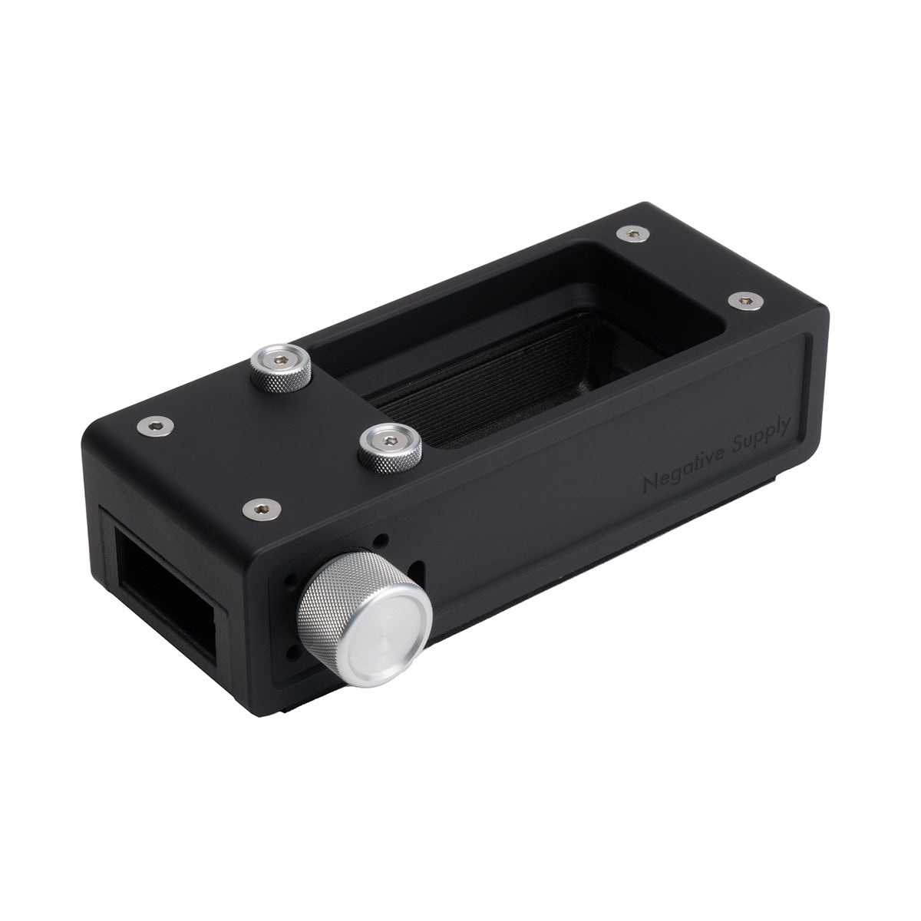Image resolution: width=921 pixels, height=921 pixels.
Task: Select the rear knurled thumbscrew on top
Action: click(x=281, y=365)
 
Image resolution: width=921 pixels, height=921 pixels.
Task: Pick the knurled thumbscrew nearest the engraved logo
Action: click(x=391, y=448)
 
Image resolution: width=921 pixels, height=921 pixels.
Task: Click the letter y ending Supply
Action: click(x=792, y=431)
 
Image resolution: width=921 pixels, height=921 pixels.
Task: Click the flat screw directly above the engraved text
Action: click(x=743, y=302)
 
